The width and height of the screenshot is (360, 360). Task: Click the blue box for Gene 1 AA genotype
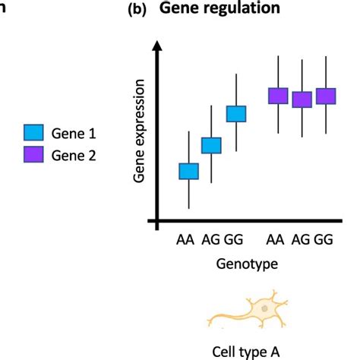point(188,172)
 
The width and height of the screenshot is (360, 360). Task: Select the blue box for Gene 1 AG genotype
point(211,145)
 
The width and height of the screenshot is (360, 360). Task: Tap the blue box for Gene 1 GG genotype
point(237,114)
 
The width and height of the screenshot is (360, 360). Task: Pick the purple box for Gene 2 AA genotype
point(278,96)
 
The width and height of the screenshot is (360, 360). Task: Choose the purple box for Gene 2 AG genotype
point(302,99)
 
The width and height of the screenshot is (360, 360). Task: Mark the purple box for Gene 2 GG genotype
point(326,96)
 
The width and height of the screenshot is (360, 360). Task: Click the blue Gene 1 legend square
point(34,133)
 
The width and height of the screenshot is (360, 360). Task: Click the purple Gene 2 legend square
point(34,155)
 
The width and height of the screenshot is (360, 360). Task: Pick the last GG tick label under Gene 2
point(324,241)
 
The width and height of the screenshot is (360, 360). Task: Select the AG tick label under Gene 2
point(299,241)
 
